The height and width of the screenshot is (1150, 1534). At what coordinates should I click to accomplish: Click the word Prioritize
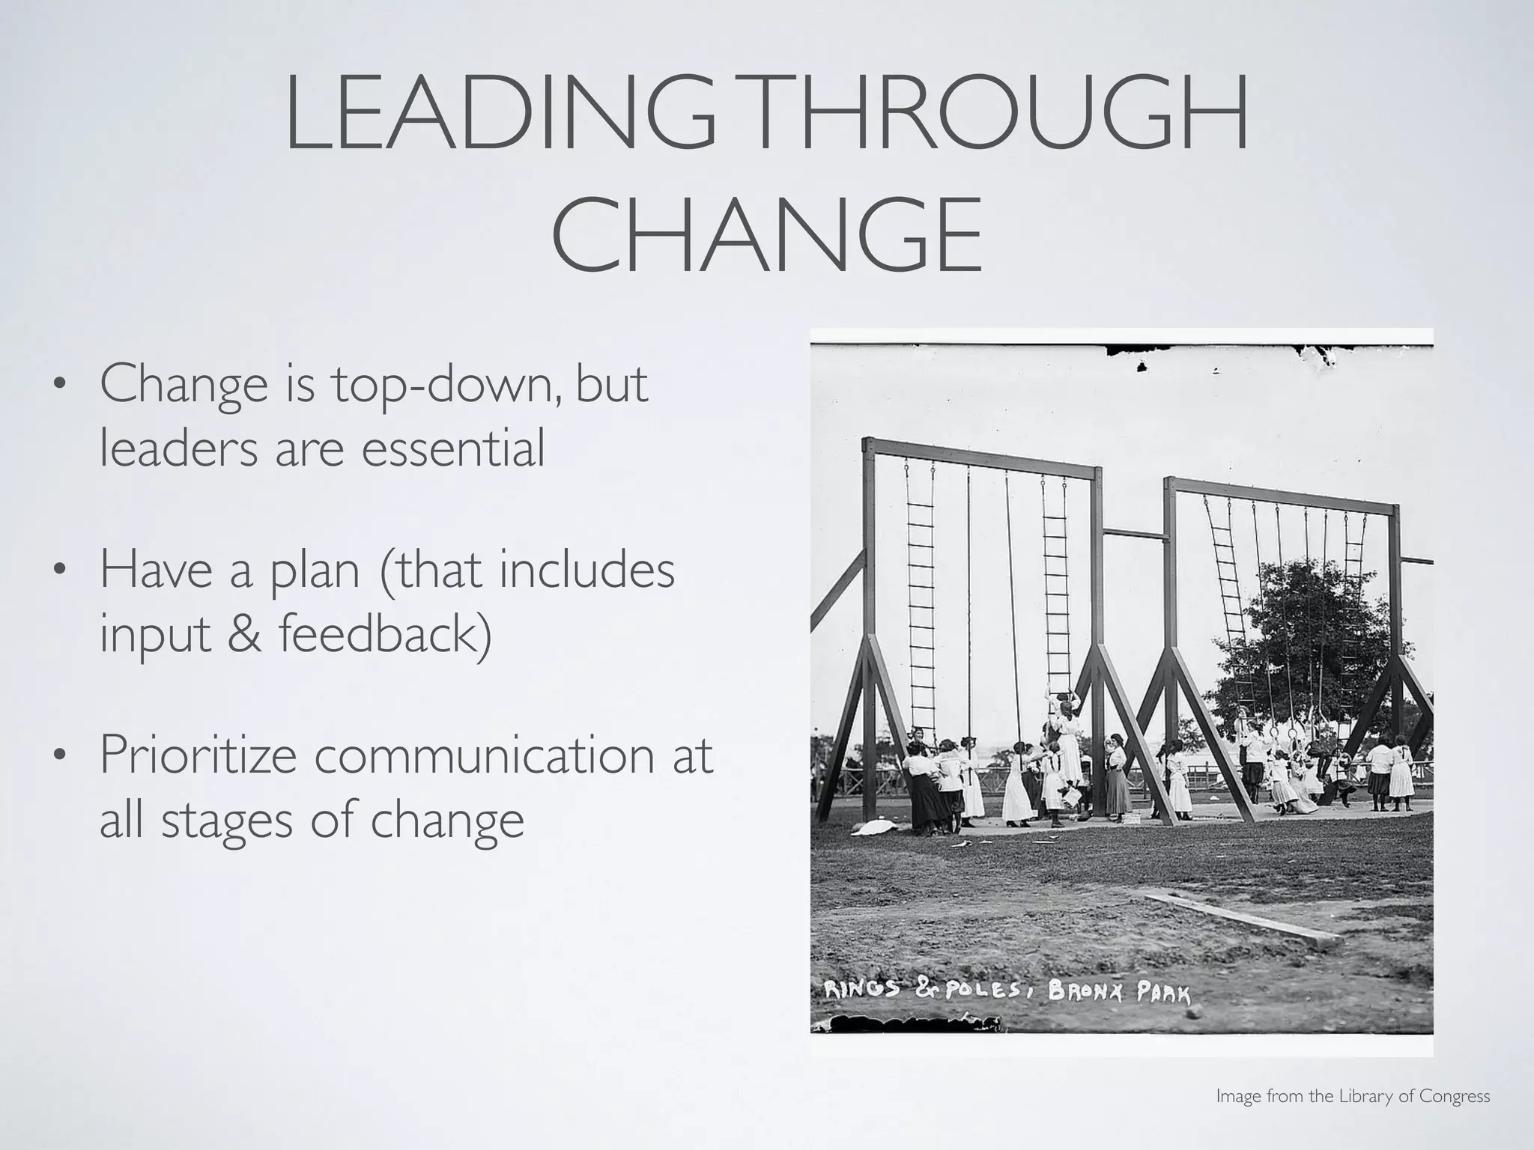198,756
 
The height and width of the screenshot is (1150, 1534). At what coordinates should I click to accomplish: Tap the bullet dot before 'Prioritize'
57,756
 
